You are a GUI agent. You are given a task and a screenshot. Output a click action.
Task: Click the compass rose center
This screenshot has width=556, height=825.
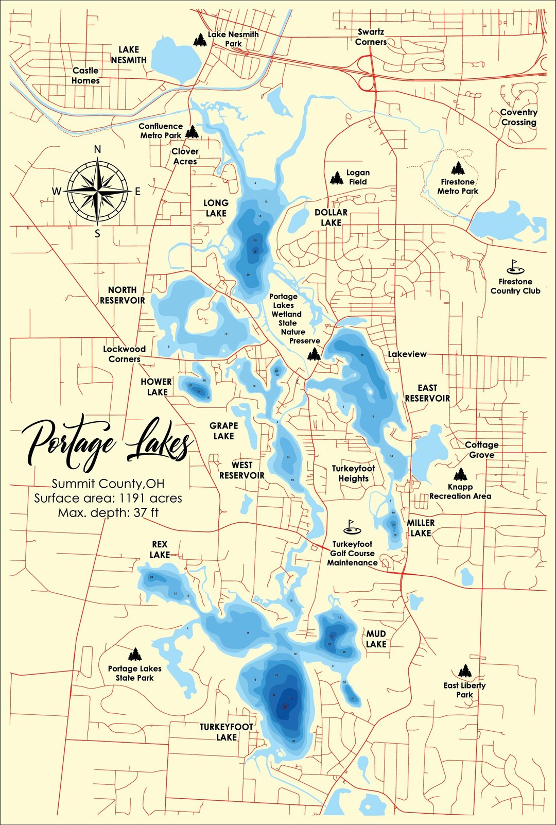tap(97, 191)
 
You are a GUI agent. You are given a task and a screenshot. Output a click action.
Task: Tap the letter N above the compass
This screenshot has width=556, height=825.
tap(97, 150)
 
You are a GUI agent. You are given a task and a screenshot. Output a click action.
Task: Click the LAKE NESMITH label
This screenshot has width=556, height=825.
tap(129, 55)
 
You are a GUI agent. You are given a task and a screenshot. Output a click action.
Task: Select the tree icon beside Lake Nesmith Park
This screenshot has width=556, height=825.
tap(200, 40)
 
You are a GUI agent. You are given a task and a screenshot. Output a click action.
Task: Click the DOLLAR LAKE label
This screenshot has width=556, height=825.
tap(331, 217)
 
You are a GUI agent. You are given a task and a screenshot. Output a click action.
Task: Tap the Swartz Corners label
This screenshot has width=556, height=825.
tap(371, 37)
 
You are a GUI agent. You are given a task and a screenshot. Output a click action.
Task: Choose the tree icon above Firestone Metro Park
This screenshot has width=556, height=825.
tap(458, 168)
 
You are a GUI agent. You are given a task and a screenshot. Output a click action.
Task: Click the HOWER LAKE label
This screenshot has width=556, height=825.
tap(157, 387)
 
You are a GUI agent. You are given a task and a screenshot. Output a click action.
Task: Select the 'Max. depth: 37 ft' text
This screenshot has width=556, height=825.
tap(108, 513)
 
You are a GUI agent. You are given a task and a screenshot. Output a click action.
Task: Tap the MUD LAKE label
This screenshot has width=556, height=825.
tap(376, 639)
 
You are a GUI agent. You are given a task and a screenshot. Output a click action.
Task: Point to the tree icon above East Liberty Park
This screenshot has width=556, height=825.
tap(465, 671)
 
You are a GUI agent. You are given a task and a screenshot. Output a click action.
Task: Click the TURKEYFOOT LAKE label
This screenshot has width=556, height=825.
tap(227, 732)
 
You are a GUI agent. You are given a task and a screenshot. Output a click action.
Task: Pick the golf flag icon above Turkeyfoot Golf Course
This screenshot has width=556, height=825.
tap(352, 526)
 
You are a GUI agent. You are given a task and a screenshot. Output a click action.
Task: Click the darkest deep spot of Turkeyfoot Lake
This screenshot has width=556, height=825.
tap(284, 708)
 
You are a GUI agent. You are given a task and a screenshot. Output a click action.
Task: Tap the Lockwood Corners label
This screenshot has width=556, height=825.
tap(124, 354)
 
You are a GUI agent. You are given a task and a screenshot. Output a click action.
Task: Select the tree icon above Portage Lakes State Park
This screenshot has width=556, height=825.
tap(135, 654)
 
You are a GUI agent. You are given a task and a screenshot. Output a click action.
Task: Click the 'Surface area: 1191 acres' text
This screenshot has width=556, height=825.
tap(108, 499)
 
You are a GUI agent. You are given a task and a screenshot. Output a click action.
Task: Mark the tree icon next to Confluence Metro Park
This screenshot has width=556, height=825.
tap(192, 132)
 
